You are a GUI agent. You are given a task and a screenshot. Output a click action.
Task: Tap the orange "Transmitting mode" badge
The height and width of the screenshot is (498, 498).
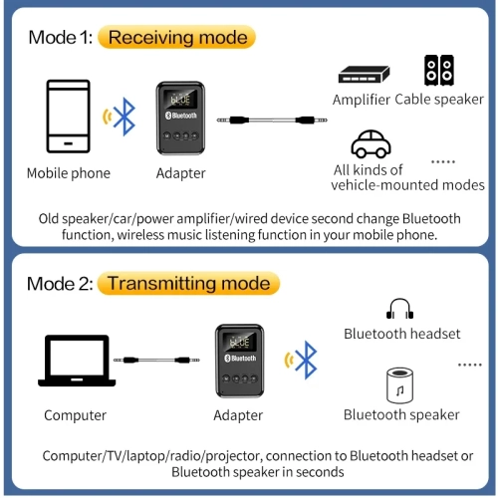[x=187, y=284]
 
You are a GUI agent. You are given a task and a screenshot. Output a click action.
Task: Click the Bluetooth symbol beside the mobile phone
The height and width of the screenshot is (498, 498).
[x=124, y=117]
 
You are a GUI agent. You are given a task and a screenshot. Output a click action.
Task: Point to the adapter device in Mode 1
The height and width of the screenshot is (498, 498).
[x=180, y=119]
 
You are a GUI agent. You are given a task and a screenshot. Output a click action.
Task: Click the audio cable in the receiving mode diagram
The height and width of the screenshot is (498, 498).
[x=267, y=120]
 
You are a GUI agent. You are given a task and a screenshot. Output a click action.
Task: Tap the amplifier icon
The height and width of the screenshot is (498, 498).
[x=363, y=74]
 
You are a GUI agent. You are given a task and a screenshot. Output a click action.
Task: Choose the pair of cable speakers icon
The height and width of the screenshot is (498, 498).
[x=439, y=70]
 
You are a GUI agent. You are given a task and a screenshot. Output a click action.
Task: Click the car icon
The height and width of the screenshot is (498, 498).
[x=370, y=144]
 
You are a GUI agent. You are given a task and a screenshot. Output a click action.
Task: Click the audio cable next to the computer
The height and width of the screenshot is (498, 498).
[x=151, y=360]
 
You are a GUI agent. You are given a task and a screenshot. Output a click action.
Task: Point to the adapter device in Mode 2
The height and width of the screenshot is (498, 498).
[x=239, y=363]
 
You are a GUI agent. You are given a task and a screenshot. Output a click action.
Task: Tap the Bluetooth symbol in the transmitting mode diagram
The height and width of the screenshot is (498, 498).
[x=308, y=360]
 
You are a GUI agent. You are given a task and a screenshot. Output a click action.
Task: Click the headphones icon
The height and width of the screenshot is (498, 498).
[x=399, y=310]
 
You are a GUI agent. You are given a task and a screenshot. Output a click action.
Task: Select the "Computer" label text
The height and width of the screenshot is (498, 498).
[x=75, y=415]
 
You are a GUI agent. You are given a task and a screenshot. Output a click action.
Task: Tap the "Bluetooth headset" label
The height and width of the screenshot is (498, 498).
[x=402, y=334]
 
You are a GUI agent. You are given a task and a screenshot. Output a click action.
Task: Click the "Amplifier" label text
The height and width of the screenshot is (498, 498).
[x=362, y=100]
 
